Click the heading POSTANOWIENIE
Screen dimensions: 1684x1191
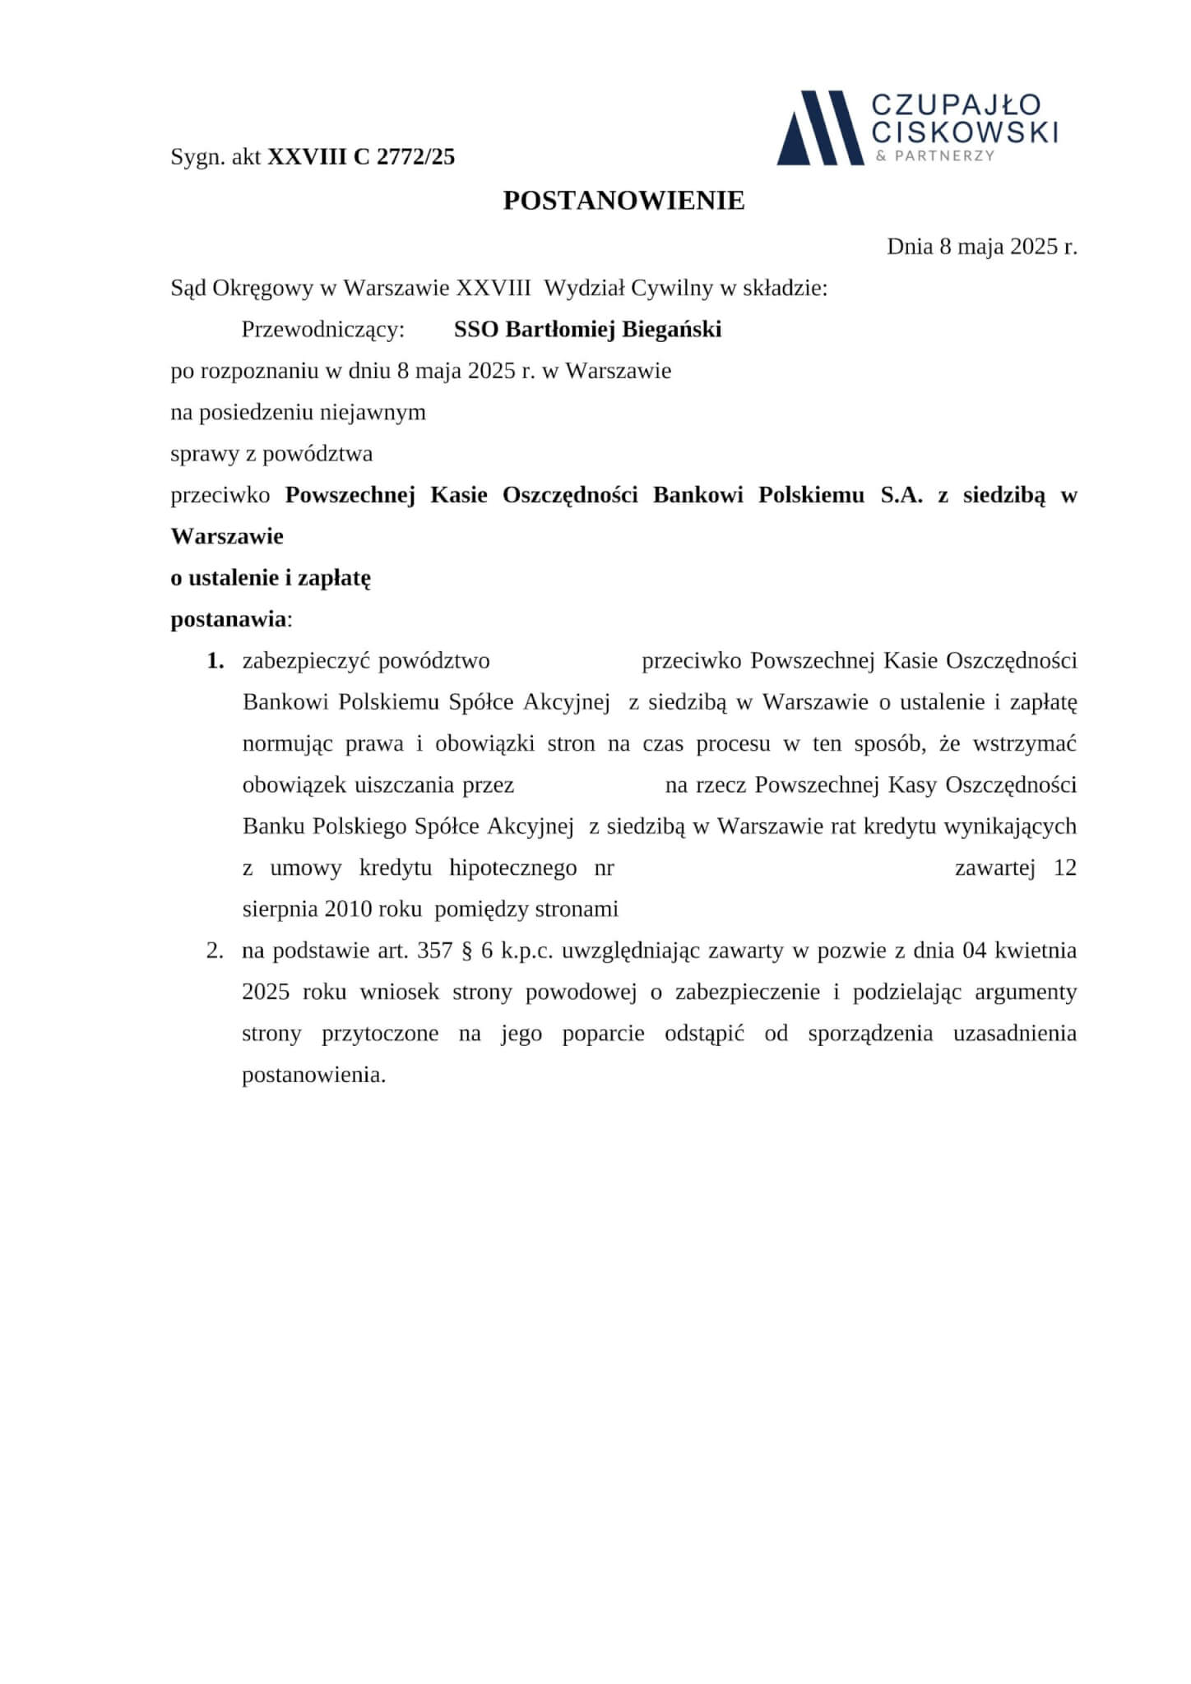tap(623, 201)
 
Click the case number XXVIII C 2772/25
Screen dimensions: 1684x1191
tap(361, 157)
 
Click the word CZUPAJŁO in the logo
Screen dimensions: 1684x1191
tap(956, 105)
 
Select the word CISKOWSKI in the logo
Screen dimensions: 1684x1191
tap(964, 132)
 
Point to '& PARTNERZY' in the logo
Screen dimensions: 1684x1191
tap(935, 155)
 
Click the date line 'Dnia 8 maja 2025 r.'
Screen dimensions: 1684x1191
tap(981, 247)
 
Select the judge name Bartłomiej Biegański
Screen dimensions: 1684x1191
tap(613, 330)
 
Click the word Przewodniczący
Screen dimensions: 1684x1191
tap(322, 330)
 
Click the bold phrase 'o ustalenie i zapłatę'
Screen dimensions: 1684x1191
tap(271, 578)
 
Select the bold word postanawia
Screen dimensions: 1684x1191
tap(229, 619)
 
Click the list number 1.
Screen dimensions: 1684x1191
tap(215, 661)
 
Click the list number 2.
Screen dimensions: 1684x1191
tap(215, 951)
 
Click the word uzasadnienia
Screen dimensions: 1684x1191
tap(1014, 1034)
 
